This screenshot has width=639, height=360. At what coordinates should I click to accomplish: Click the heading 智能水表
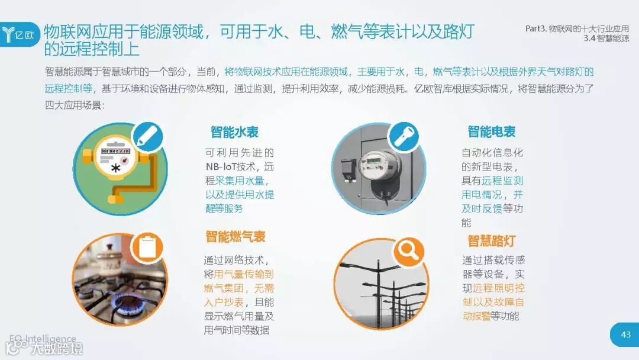[234, 132]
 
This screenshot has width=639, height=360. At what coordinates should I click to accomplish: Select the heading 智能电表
[492, 131]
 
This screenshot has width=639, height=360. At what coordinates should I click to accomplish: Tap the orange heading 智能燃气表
[235, 236]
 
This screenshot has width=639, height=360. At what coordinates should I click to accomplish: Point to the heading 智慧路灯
[492, 240]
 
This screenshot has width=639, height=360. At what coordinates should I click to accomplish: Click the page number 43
[625, 335]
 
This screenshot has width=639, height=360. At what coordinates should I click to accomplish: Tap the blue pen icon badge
[147, 137]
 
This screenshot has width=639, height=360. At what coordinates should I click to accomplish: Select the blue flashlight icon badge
[404, 137]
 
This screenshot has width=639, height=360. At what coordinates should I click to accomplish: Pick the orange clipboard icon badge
[147, 247]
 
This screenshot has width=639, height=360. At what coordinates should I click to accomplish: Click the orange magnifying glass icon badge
[409, 252]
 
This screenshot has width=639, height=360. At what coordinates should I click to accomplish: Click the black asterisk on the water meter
[116, 168]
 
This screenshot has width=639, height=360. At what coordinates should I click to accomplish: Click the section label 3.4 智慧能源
[606, 38]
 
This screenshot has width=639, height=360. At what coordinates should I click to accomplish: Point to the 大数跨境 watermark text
[57, 348]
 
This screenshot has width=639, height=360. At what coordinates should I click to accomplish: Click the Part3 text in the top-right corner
[535, 28]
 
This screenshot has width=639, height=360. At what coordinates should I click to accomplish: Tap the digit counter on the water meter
[115, 151]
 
